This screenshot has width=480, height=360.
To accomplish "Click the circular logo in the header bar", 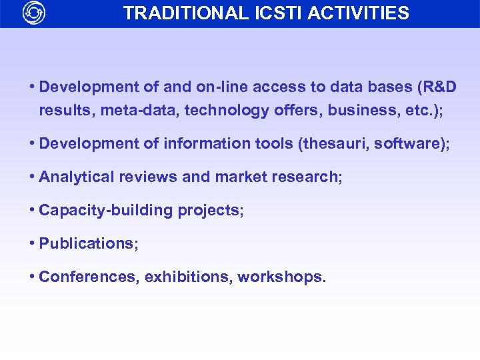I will point(33,13).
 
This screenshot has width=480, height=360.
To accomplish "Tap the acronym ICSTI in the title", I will point(274,13).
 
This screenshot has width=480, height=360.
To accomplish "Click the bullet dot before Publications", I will point(33,243).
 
